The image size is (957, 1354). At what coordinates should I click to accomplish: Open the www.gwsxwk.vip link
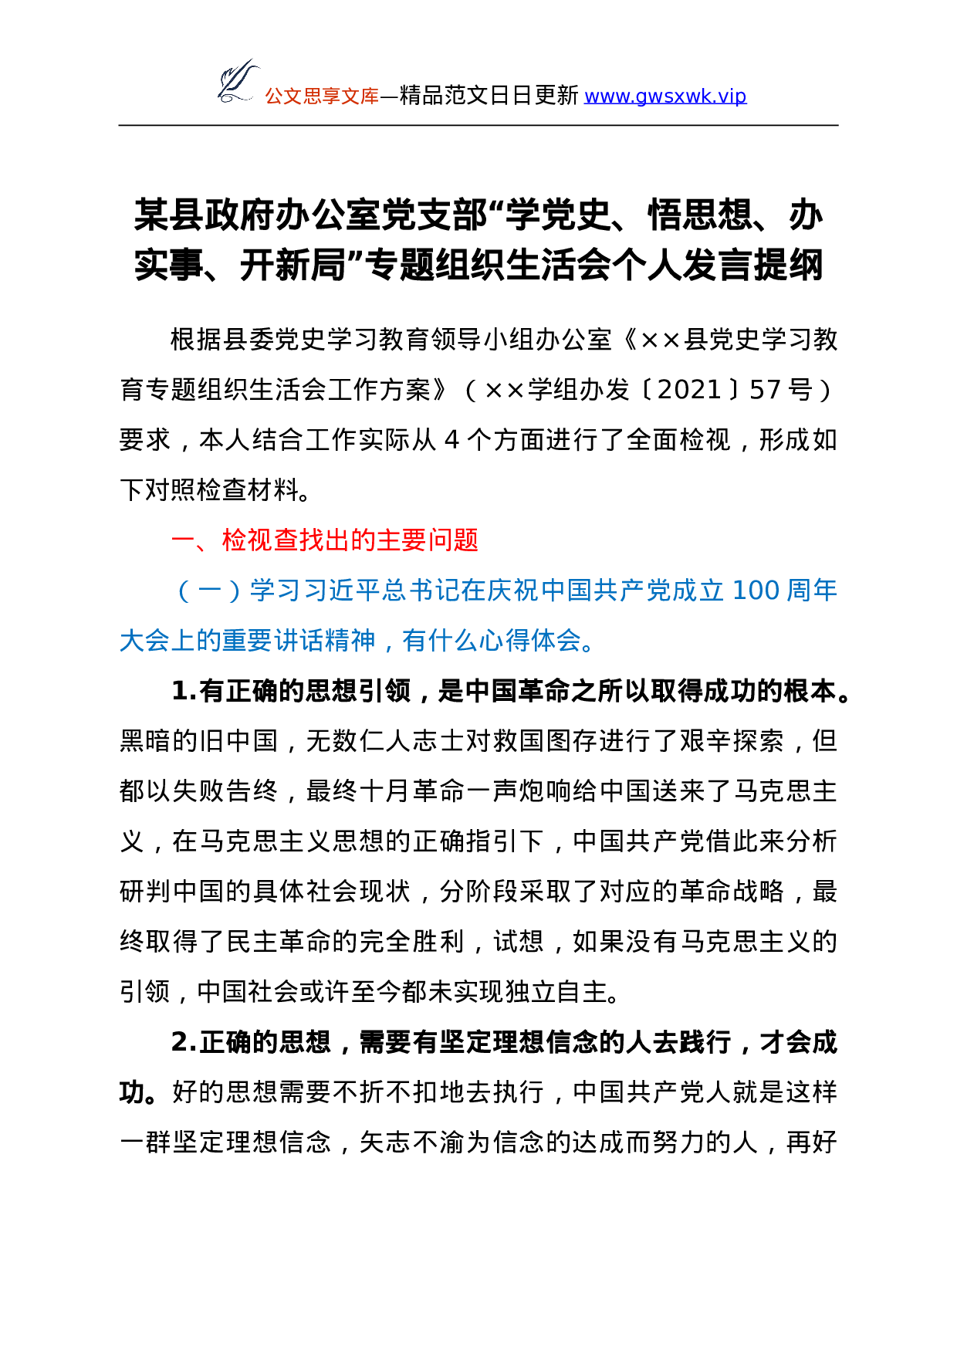665,96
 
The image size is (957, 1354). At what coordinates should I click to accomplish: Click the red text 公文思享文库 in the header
322,96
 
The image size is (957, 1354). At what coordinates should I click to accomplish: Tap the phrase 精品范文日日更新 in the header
489,96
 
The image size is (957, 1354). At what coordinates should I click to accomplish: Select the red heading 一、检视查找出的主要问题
325,540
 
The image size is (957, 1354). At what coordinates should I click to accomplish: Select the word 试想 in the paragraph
519,942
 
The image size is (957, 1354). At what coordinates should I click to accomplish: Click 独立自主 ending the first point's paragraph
556,992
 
